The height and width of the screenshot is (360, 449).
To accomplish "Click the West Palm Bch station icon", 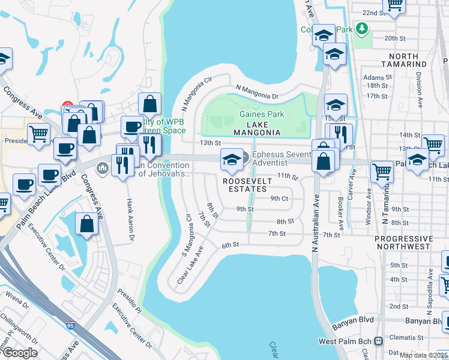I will (378, 341).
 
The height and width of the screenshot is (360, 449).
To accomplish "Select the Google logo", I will (20, 353).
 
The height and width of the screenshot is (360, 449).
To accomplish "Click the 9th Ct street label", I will (279, 198).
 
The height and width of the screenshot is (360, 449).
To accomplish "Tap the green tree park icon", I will (361, 28).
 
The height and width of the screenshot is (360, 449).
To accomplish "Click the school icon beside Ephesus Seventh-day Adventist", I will (232, 160).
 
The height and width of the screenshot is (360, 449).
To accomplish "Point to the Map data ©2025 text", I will (423, 355).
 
